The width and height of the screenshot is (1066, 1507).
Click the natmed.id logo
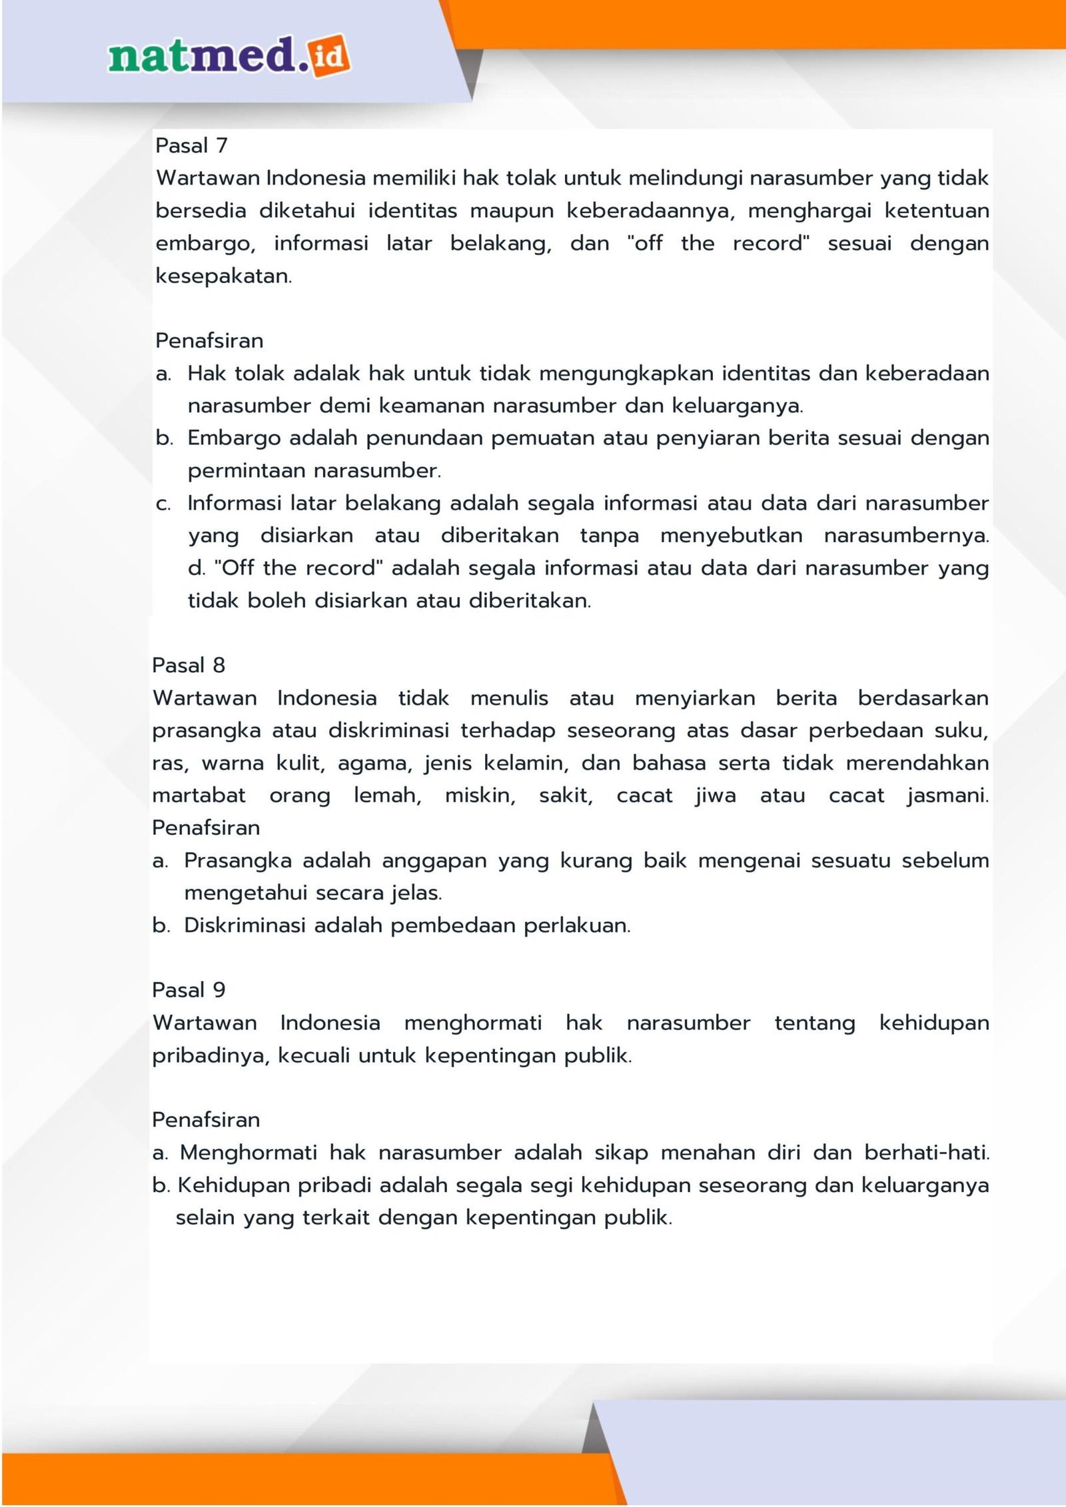229,56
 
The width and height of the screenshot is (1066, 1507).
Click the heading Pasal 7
191,145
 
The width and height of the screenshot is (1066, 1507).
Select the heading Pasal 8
189,665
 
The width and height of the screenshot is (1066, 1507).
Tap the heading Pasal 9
189,990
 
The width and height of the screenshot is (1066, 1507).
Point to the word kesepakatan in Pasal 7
223,276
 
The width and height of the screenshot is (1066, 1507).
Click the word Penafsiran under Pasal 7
209,340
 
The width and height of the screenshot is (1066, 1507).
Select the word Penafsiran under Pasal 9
206,1120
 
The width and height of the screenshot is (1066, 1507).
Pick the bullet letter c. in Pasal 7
163,504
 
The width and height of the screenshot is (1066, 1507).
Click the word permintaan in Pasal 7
246,471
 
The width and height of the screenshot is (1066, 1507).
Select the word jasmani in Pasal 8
947,795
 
